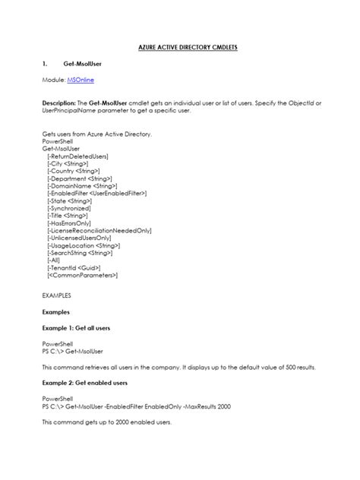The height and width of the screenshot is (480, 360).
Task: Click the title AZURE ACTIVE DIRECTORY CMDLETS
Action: pyautogui.click(x=179, y=47)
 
